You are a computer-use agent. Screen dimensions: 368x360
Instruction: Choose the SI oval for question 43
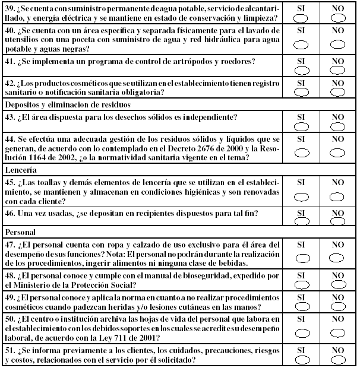301,126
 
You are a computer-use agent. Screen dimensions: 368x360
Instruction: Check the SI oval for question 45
301,196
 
